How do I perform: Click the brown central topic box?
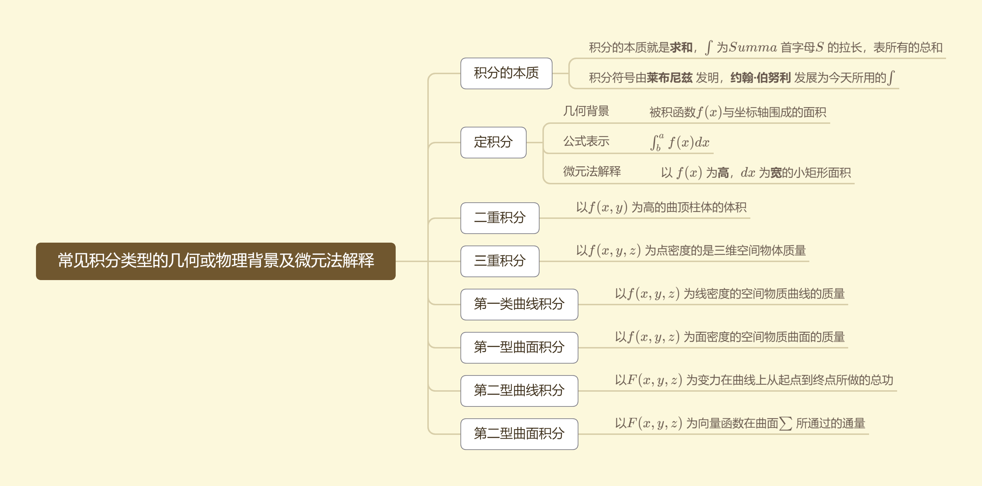(215, 261)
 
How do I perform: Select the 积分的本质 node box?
(506, 73)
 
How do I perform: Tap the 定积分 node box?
(493, 142)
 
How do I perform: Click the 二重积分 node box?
(499, 218)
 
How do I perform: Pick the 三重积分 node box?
(499, 261)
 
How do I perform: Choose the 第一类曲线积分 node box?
(519, 304)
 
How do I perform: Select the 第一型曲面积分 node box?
(519, 347)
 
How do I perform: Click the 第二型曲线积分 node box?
(519, 390)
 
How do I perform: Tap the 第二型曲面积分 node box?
(519, 433)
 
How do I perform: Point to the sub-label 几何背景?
(586, 111)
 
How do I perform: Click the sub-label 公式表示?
(586, 141)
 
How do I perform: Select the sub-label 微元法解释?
(592, 171)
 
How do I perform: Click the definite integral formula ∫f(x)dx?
(680, 142)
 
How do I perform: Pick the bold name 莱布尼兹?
(669, 78)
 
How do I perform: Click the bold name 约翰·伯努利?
(760, 78)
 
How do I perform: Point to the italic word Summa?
(753, 47)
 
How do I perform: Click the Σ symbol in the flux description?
(786, 423)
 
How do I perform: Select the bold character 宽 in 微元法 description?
(776, 173)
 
